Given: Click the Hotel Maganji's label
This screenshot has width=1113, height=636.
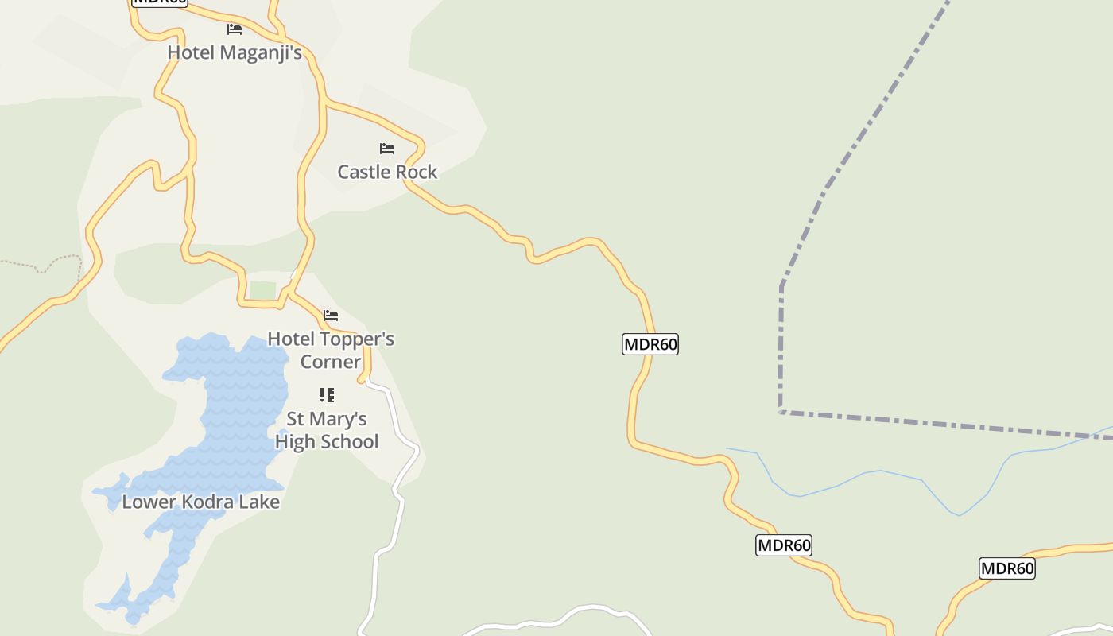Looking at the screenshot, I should (235, 52).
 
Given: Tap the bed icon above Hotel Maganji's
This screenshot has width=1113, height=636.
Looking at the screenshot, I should (235, 29).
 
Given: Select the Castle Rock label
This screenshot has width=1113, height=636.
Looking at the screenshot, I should (387, 172).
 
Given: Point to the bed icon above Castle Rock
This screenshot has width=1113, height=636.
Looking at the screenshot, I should (387, 149).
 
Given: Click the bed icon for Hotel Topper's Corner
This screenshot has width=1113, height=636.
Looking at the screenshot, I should (331, 316).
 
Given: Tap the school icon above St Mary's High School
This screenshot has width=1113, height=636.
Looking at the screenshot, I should (327, 395).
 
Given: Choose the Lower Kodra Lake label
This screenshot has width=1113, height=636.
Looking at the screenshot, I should (200, 502).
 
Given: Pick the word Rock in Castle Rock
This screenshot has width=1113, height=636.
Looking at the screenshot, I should (417, 172).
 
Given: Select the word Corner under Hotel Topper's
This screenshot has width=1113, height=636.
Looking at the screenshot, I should (331, 362).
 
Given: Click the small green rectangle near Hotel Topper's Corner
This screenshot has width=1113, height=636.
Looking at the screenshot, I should (262, 291).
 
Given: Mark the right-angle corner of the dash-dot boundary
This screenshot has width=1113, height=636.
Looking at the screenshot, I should (781, 411).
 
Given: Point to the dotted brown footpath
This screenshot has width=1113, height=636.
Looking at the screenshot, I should (40, 266).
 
